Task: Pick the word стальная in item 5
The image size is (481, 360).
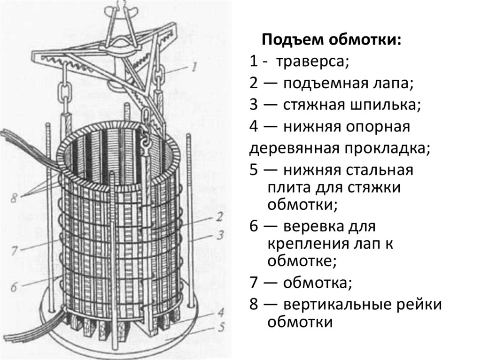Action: [x=380, y=169]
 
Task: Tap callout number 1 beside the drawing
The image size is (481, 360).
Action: [x=193, y=67]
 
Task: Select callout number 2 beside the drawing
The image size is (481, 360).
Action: [x=219, y=216]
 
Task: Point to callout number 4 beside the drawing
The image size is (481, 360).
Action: [x=220, y=311]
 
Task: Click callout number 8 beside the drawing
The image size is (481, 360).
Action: [x=14, y=198]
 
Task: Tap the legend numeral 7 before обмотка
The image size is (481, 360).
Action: [x=254, y=283]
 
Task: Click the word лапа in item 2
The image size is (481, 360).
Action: [x=396, y=83]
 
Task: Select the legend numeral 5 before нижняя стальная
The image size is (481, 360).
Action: [x=254, y=169]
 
